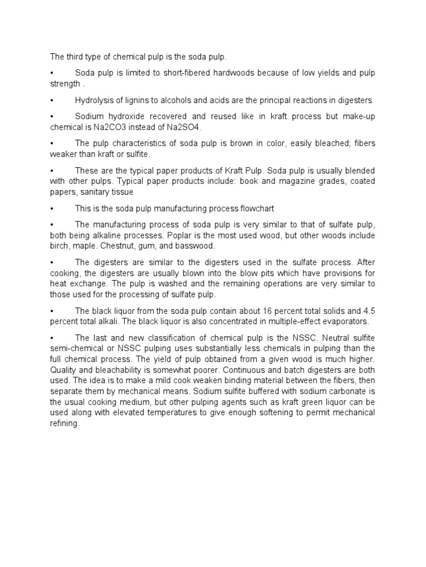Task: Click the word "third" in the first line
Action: tap(74, 57)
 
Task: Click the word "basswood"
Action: tap(197, 245)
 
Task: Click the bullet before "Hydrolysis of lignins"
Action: tap(52, 100)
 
